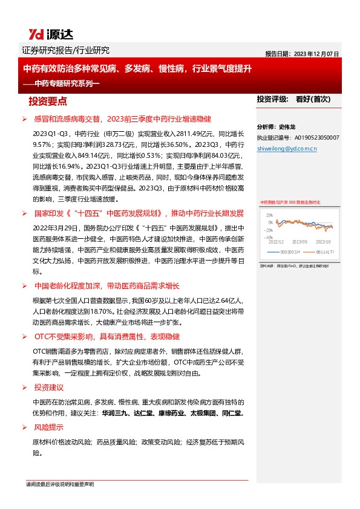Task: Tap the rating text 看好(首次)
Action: click(313, 99)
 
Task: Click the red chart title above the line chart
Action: click(290, 203)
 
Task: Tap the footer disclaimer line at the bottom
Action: click(60, 485)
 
